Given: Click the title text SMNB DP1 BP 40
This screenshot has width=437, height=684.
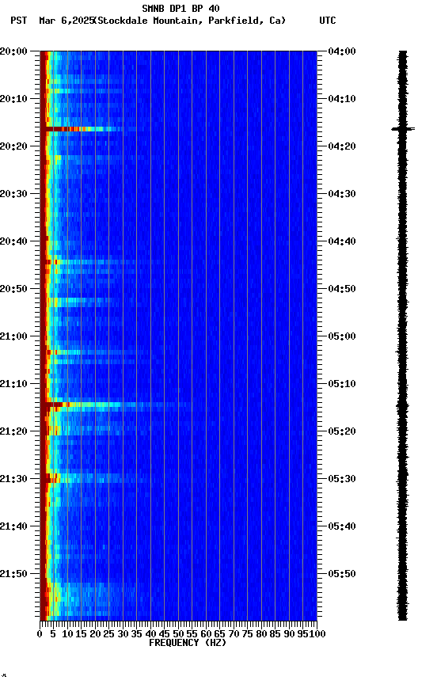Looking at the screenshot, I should [180, 9].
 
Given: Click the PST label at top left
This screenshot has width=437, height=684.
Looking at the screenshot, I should [19, 21].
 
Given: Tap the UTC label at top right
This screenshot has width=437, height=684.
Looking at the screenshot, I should [328, 21].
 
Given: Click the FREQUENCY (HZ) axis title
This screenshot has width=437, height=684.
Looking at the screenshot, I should [187, 643].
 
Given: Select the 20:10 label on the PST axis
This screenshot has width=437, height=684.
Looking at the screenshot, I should [14, 99].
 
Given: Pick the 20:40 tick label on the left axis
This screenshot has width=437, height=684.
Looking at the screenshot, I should [14, 241].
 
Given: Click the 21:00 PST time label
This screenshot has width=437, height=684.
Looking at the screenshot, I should [14, 336].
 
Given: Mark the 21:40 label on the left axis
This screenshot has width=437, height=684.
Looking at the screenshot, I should [14, 526].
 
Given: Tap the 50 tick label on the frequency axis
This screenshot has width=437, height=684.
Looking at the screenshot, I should [178, 633].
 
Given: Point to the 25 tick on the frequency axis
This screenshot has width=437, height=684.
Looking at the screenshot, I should [109, 633].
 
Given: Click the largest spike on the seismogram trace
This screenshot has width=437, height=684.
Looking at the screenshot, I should [403, 128].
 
